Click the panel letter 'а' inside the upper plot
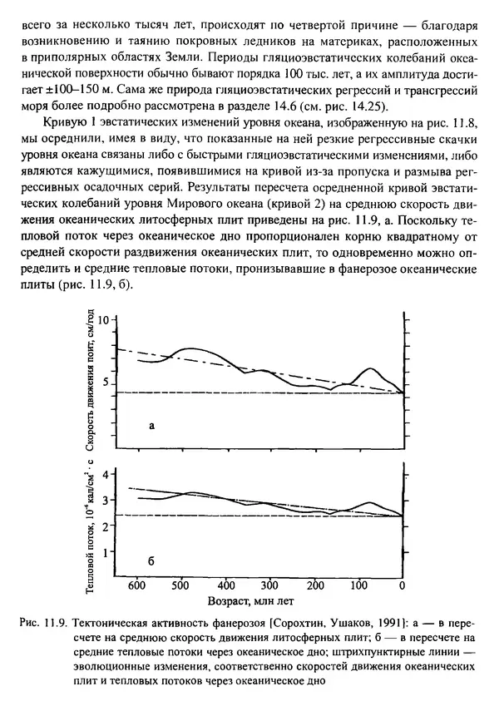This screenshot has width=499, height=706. click(x=151, y=426)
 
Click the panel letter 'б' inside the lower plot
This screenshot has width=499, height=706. click(x=151, y=561)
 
